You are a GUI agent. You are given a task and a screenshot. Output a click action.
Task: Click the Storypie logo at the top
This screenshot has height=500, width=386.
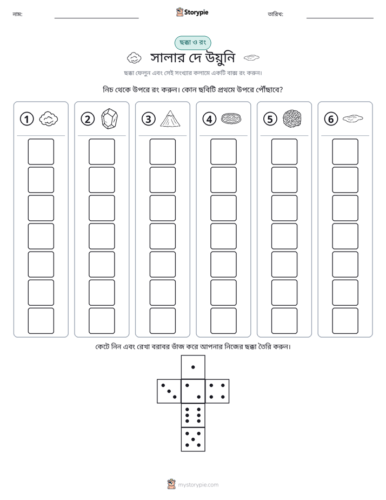[x=192, y=12]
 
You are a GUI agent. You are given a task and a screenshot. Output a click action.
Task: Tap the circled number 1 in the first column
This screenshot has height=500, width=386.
[x=26, y=119]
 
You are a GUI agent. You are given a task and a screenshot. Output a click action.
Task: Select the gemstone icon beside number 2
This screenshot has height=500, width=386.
[x=109, y=119]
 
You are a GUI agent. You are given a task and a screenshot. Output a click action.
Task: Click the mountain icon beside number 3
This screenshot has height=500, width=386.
[x=170, y=119]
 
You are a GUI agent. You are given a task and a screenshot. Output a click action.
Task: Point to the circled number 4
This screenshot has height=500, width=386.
[x=209, y=119]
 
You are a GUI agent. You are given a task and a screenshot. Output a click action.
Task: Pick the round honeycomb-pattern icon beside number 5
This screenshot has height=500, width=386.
[x=292, y=119]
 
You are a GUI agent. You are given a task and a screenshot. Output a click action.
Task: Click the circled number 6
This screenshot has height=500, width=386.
[x=331, y=119]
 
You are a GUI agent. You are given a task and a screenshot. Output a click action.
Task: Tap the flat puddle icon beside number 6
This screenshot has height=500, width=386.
[x=353, y=119]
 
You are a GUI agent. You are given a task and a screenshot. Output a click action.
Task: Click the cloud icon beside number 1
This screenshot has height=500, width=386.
[x=49, y=119]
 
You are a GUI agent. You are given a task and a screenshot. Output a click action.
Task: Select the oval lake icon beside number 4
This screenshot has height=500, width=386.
[x=231, y=119]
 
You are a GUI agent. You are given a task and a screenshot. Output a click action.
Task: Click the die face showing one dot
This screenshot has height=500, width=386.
[x=193, y=367]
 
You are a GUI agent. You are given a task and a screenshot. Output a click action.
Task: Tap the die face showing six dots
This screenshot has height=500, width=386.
[x=193, y=415]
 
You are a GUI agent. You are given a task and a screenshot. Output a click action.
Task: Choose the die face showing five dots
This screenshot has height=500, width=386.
[x=193, y=439]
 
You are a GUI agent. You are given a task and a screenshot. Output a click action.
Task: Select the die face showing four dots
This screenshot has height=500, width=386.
[x=217, y=391]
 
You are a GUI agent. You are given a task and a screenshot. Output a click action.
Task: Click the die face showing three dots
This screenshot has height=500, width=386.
[x=169, y=391]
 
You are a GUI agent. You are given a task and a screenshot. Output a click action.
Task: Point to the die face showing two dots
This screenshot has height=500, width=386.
[x=193, y=391]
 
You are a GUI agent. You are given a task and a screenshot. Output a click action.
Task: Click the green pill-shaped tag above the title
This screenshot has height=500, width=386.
[x=192, y=43]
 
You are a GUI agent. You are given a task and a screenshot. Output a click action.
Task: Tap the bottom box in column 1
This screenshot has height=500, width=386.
[x=41, y=321]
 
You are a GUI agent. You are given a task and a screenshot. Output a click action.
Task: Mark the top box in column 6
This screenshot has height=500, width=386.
[x=345, y=152]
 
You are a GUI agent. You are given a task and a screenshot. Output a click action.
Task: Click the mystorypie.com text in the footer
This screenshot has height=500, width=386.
[x=198, y=485]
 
